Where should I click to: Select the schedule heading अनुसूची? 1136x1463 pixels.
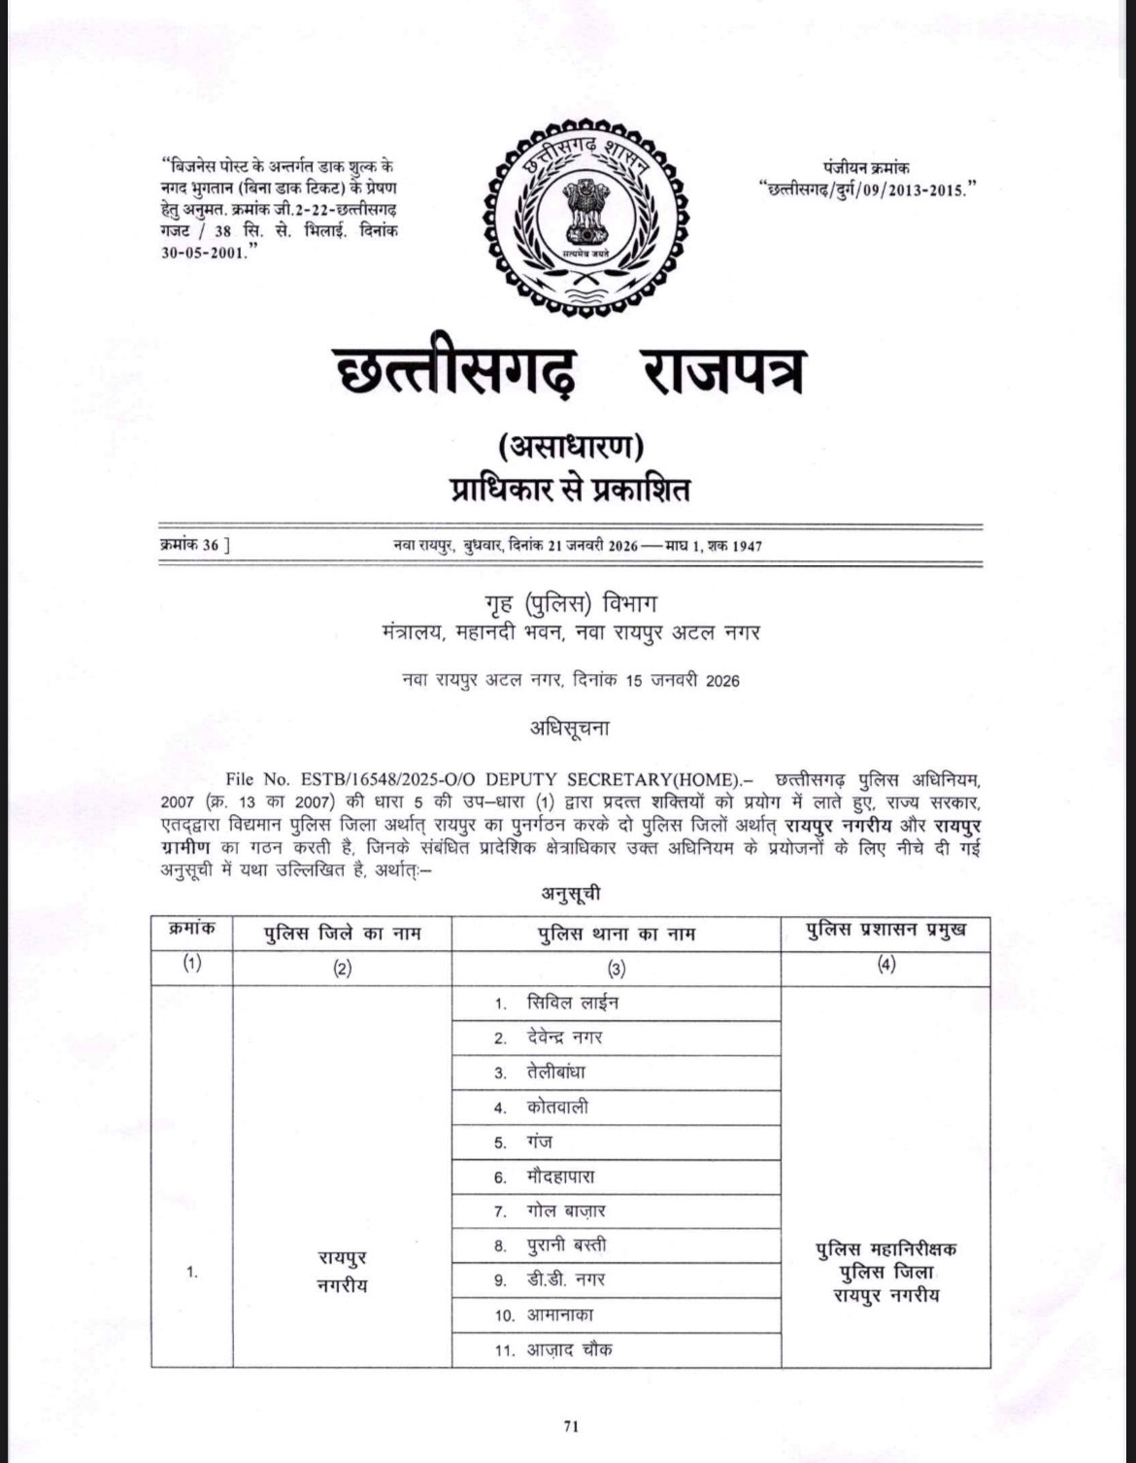tap(569, 892)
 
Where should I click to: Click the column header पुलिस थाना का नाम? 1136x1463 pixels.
tap(617, 934)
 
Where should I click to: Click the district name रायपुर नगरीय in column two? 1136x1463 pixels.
tap(342, 1271)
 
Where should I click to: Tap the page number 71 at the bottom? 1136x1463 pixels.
tap(571, 1427)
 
